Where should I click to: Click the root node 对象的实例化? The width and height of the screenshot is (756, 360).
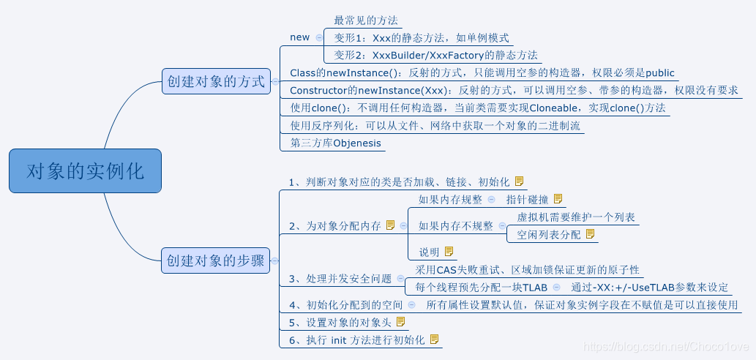85,171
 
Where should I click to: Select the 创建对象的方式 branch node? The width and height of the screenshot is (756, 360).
216,81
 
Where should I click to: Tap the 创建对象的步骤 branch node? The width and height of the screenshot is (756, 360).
216,260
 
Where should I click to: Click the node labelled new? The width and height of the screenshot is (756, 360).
300,37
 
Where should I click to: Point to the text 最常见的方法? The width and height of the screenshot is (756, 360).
366,20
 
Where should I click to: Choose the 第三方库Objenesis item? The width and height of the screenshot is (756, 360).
336,143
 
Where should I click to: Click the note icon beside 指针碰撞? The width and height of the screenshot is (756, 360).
558,199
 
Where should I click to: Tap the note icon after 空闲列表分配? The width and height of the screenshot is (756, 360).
590,234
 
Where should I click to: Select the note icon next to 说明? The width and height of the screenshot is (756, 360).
449,252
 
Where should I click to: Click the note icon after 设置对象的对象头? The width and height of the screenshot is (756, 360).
400,322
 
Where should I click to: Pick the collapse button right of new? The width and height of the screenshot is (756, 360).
319,37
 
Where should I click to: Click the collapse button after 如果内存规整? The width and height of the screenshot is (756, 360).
491,199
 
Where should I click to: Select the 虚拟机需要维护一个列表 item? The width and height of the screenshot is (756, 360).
576,217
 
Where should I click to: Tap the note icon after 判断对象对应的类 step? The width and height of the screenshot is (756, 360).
520,181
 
